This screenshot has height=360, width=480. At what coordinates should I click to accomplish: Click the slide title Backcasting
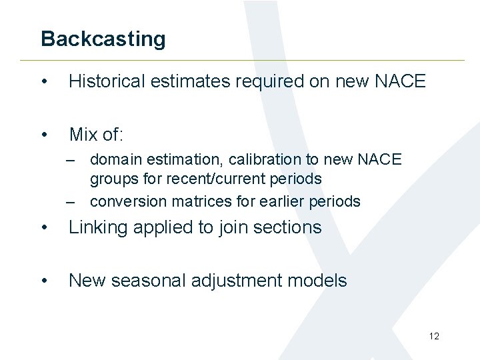click(103, 39)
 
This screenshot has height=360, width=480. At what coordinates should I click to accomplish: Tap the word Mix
click(83, 135)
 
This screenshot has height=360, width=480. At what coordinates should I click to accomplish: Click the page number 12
click(434, 336)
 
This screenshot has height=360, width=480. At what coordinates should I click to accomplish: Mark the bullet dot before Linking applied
click(44, 228)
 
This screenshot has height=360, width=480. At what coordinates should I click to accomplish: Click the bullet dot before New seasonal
click(44, 281)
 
